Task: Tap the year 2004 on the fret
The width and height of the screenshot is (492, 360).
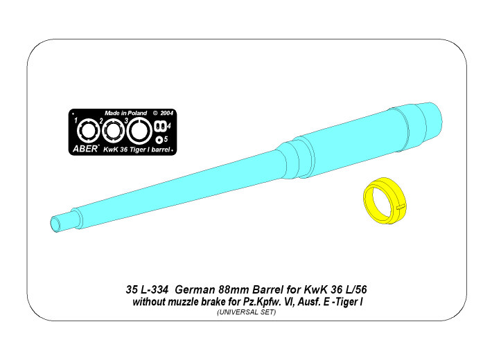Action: [166, 113]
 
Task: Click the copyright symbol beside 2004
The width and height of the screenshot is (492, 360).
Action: [155, 113]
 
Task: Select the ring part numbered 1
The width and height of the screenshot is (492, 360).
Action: [89, 132]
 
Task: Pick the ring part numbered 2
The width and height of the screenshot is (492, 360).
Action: [114, 132]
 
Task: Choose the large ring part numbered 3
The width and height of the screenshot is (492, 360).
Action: [139, 131]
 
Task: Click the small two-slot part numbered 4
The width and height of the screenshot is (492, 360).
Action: [160, 126]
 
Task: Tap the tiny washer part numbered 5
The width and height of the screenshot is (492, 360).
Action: [159, 139]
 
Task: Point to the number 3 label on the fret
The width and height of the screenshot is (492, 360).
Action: [126, 120]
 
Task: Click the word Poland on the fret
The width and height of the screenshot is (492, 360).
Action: [137, 113]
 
